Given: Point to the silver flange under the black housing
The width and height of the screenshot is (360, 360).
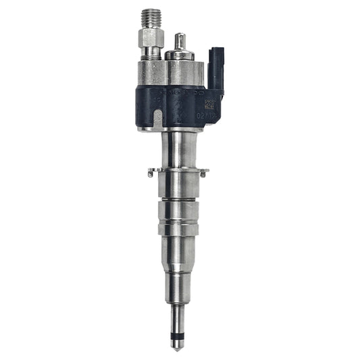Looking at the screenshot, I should point(177,129).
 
